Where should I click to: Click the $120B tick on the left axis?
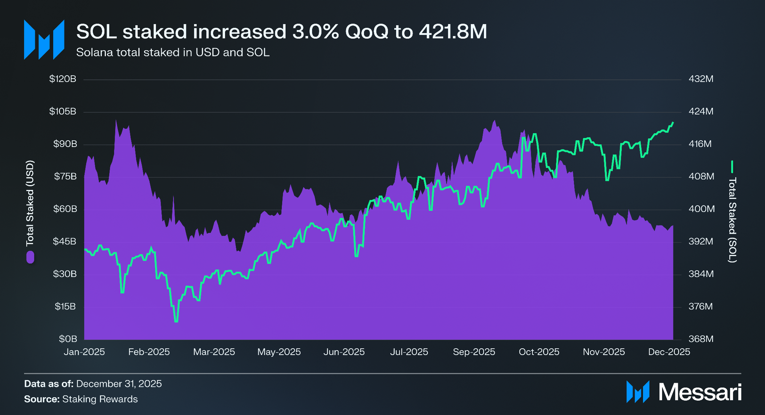[63, 79]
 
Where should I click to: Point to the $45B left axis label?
[65, 241]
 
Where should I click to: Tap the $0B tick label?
[68, 339]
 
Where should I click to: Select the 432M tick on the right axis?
[701, 79]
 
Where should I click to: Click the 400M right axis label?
[701, 209]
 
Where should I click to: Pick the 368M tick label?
[701, 339]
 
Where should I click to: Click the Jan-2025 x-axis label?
[84, 352]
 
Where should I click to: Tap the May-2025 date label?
[279, 352]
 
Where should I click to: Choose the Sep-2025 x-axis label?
[474, 352]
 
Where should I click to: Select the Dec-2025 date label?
[669, 352]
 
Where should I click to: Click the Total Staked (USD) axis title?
[30, 203]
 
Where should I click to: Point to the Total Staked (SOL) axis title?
[732, 220]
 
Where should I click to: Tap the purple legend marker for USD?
[30, 257]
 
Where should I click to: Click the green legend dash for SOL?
[732, 167]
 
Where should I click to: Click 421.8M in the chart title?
[453, 32]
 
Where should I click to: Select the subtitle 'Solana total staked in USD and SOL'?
[173, 52]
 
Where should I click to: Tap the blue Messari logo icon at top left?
[44, 40]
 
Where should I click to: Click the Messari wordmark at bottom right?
[700, 392]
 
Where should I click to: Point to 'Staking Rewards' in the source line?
[100, 399]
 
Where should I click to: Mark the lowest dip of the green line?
[176, 321]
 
